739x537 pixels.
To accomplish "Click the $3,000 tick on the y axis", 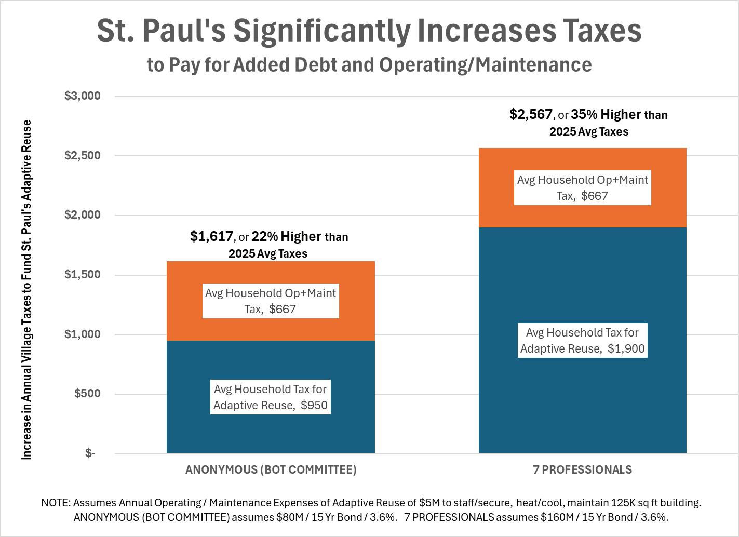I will pos(82,96).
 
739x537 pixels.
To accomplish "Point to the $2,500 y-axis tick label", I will pos(82,156).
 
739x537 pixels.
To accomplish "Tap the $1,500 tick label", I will pos(82,275).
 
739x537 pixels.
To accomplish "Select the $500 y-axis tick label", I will pos(87,394).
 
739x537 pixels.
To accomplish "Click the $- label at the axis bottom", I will pos(90,453).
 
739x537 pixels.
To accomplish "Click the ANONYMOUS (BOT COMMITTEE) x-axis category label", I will pos(271,470).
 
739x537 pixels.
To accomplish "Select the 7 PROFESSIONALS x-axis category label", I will pos(582,470).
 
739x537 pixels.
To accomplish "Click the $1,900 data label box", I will pos(582,341).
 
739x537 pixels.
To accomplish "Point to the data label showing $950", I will pos(271,397).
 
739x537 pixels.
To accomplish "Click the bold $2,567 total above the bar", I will pos(531,114).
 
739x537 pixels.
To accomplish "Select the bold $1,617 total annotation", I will pos(211,237).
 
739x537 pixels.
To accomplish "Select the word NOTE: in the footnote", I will pos(56,503).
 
